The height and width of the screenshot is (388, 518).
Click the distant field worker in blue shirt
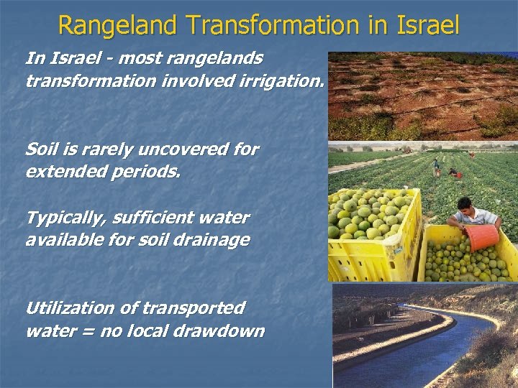coord(436,167)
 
